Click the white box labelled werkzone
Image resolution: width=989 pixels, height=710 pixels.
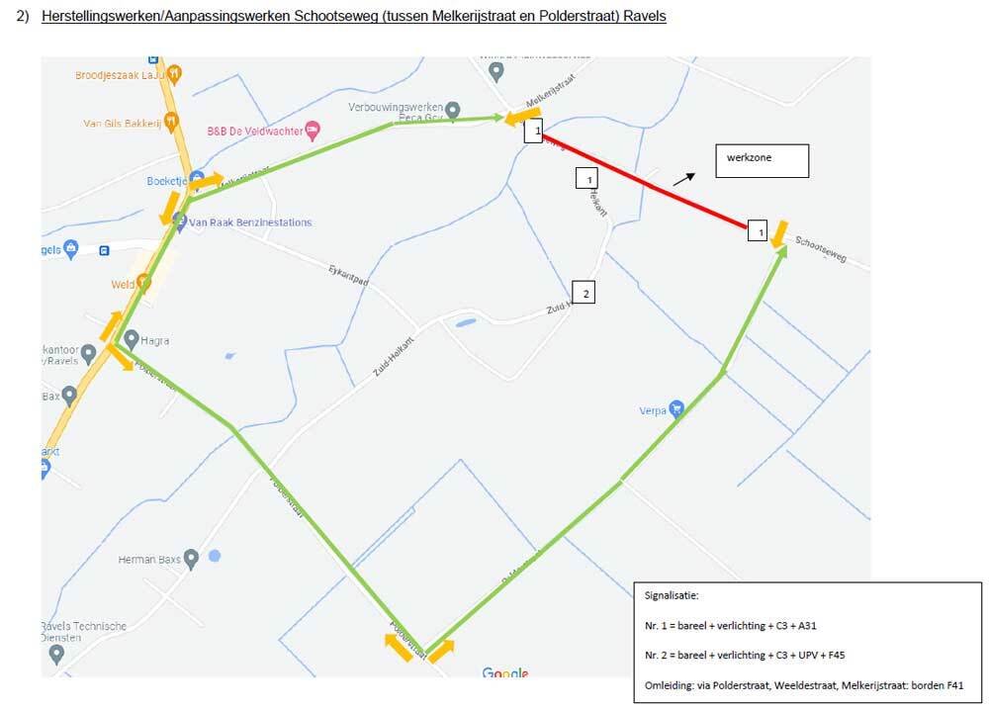coord(762,160)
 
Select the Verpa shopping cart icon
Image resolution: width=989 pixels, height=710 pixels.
coord(676,407)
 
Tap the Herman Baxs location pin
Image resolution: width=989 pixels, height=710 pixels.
coord(192,559)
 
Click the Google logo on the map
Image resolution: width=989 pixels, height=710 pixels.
coord(504,672)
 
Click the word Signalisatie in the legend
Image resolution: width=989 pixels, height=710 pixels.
coord(672,597)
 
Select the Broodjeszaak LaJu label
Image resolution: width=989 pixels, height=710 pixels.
coord(119,74)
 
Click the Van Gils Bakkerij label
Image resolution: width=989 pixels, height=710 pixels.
coord(122,124)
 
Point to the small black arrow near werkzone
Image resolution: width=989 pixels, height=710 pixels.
coord(683,177)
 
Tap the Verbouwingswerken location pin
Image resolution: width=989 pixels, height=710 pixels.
coord(452,109)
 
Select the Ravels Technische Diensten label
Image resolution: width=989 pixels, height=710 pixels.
coord(83,632)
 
